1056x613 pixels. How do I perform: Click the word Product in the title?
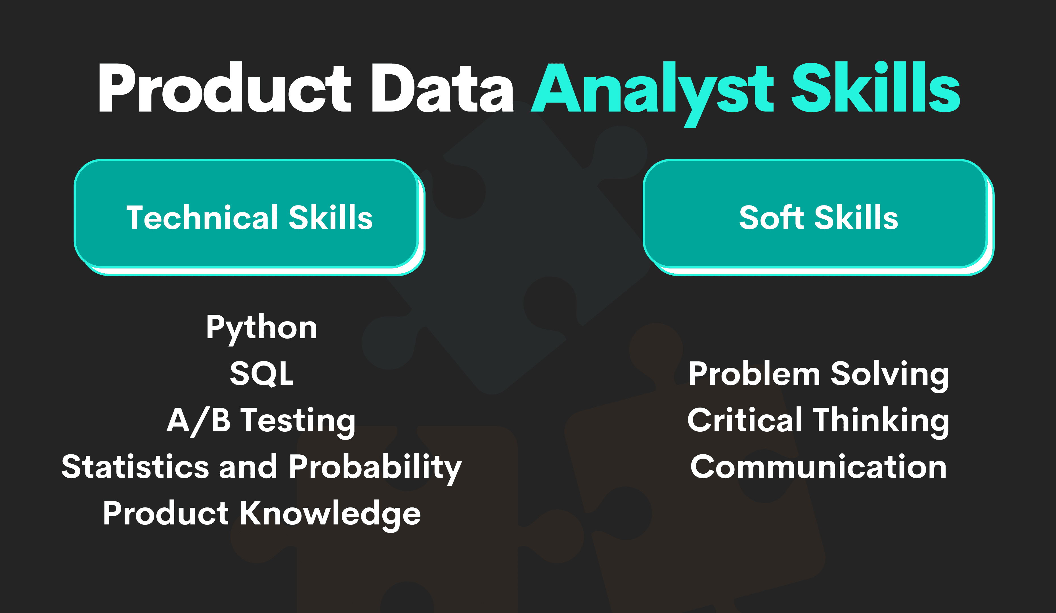[224, 88]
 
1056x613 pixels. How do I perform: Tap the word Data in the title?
[442, 88]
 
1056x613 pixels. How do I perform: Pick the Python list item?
[261, 328]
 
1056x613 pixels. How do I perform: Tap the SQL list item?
[261, 374]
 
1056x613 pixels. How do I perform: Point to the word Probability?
[375, 467]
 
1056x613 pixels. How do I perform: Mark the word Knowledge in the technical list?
[330, 514]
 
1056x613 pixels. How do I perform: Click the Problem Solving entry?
[818, 374]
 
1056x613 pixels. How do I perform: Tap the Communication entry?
[818, 467]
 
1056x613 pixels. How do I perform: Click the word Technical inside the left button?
[203, 217]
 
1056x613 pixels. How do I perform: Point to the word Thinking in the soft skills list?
[881, 421]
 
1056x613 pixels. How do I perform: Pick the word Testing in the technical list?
[298, 421]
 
